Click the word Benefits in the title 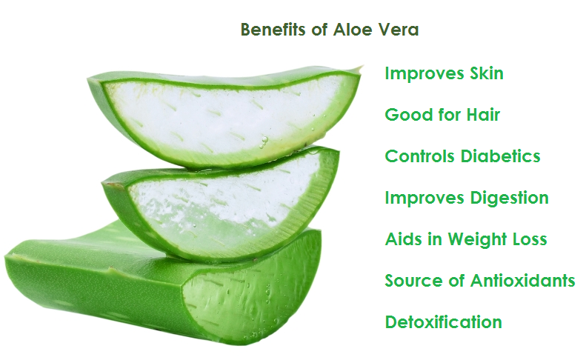coord(273,30)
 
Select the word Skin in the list coord(487,73)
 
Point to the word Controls coord(421,156)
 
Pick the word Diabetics coord(500,156)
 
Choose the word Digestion coord(510,198)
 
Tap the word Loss coord(530,239)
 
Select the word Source coord(413,281)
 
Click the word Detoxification coord(443,322)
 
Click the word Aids coord(403,239)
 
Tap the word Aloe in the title coord(353,30)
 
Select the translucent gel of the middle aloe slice coord(224,210)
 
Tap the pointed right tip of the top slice coord(361,67)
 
